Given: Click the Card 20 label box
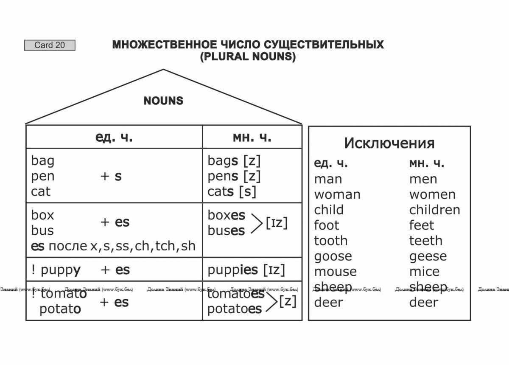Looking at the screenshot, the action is click(x=50, y=45).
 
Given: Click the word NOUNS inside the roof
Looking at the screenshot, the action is click(x=163, y=101).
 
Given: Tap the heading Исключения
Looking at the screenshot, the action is click(x=389, y=143).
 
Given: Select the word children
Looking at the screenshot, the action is click(x=434, y=210).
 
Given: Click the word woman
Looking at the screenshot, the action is click(x=337, y=195).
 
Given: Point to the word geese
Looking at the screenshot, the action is click(x=428, y=257).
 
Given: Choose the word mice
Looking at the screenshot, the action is click(x=424, y=271).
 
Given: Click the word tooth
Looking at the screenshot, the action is click(x=330, y=241).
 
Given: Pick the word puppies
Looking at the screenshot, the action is click(x=232, y=271).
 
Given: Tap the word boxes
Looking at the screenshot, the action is click(x=227, y=215).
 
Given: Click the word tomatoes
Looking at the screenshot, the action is click(x=236, y=294).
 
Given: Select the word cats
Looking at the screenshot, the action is click(x=221, y=191).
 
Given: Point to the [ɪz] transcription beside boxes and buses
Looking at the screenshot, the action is click(x=277, y=223).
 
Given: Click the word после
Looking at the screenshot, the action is click(x=68, y=246).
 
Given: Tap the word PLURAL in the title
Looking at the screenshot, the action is click(x=228, y=56).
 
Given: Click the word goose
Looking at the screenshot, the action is click(x=333, y=257).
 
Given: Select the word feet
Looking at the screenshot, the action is click(x=422, y=225).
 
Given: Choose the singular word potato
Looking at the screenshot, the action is click(x=60, y=309).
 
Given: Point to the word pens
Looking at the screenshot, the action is click(x=223, y=177).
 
